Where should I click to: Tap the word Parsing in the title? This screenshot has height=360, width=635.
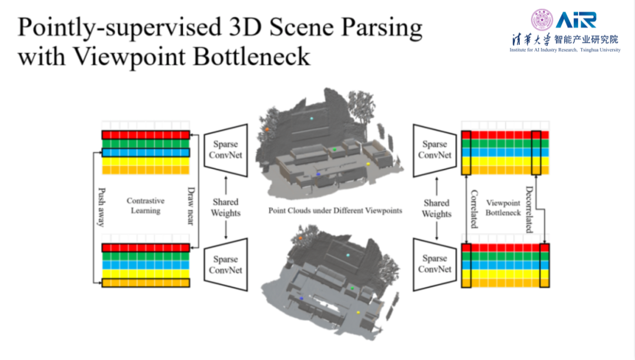click(376, 28)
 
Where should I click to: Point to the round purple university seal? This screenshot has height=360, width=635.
click(542, 20)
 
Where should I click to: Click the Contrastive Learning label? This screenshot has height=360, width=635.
click(146, 205)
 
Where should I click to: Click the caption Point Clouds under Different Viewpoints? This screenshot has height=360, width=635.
click(335, 210)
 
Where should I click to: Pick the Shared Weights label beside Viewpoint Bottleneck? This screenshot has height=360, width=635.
click(436, 208)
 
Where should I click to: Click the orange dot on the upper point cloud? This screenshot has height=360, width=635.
click(267, 128)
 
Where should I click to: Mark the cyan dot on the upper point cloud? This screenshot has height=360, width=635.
click(312, 118)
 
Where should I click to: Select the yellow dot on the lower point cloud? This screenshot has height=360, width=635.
click(358, 312)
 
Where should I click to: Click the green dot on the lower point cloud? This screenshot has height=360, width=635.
click(352, 288)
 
